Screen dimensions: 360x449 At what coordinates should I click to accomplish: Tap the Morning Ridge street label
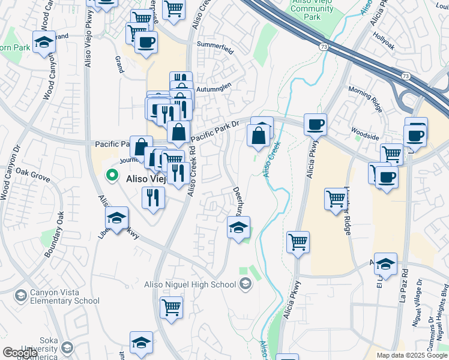pos(365,99)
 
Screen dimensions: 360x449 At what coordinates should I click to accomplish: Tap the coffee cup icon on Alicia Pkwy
pos(315,125)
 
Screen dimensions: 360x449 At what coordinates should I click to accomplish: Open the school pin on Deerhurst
pos(238,228)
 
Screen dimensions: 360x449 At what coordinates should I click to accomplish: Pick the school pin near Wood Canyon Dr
pos(44,42)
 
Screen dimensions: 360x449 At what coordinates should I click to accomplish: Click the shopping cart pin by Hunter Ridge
pos(336,199)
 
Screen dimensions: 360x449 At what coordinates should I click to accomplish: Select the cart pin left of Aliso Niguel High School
pos(171,307)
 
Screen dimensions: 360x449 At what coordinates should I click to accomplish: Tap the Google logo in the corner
pos(19,353)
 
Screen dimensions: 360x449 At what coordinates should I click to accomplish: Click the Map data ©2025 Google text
pos(411,355)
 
